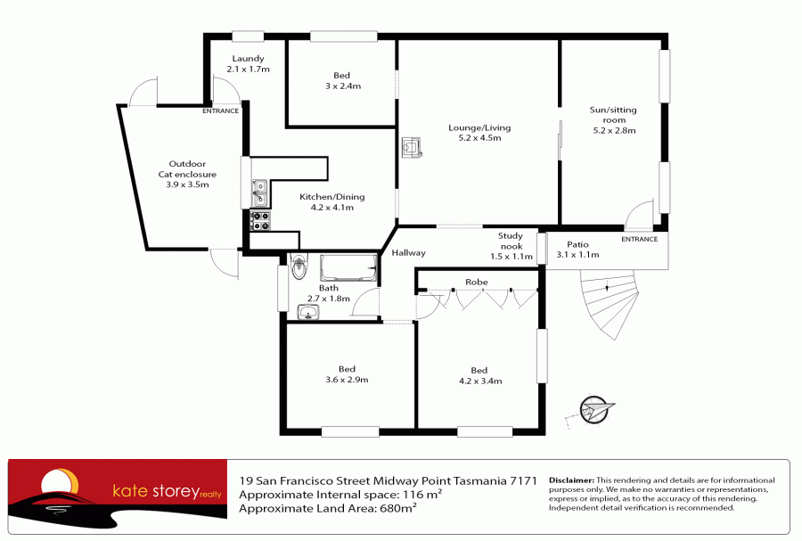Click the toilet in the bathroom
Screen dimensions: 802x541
tap(299, 266)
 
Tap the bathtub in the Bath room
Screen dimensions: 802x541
tap(348, 267)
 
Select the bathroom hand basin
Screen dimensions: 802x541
tap(308, 312)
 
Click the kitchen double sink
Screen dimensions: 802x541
tap(260, 193)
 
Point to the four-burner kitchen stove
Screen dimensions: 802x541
tap(260, 221)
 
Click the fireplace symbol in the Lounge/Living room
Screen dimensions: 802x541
tap(411, 147)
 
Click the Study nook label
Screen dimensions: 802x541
tap(511, 241)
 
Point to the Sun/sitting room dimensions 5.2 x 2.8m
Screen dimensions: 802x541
tap(614, 130)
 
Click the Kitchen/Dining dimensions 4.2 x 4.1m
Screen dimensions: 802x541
tap(332, 207)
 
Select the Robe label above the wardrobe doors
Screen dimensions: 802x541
tap(476, 282)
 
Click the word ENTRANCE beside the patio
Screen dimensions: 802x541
tap(639, 239)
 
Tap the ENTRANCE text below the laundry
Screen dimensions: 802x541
tap(220, 111)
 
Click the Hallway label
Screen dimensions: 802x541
tap(409, 252)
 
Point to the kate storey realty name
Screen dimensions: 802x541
tap(167, 491)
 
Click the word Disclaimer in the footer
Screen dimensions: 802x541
tap(571, 480)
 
